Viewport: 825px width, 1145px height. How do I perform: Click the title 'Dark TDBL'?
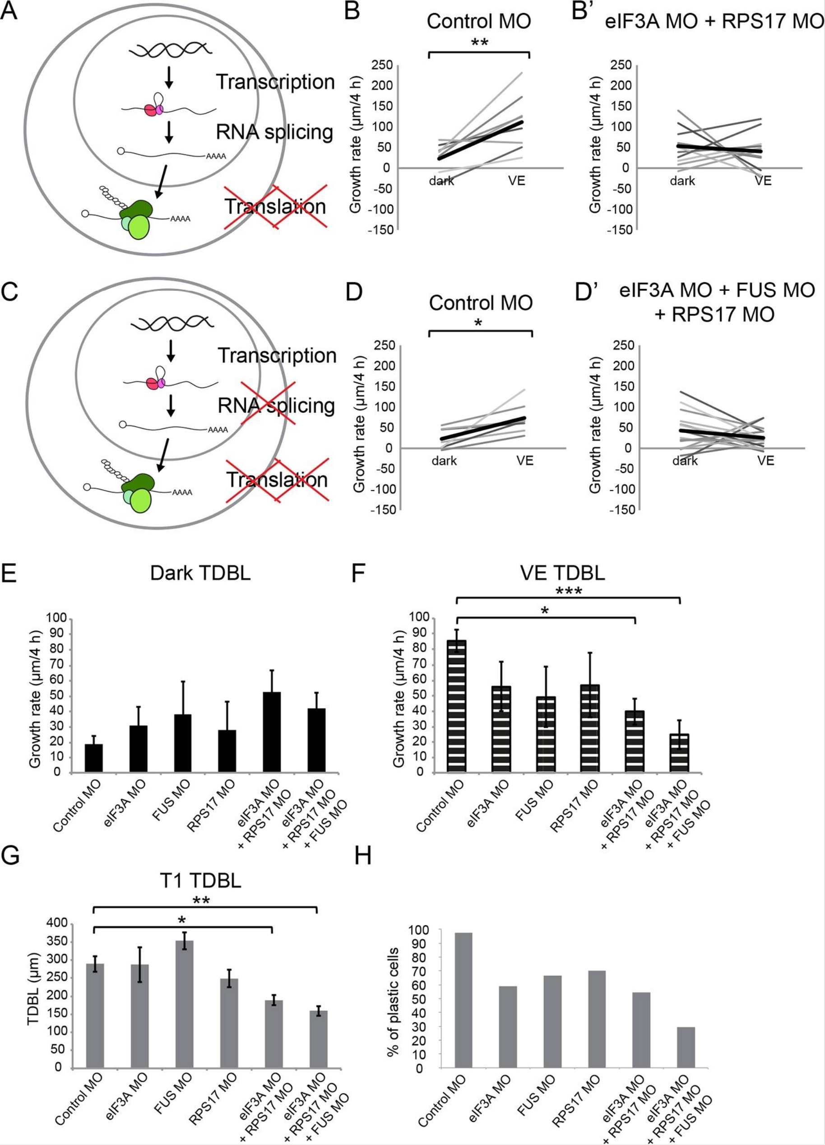200,574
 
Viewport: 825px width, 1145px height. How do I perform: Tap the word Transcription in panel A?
275,82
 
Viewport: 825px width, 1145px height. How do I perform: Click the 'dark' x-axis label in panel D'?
685,461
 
